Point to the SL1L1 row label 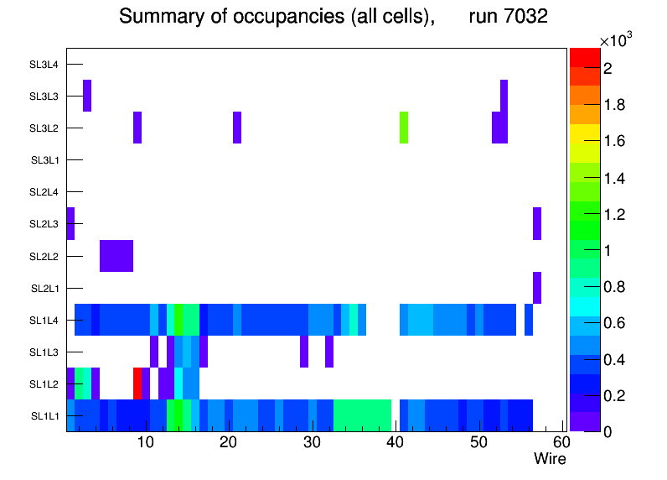pyautogui.click(x=45, y=415)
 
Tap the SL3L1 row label pyautogui.click(x=45, y=160)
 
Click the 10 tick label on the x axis pyautogui.click(x=146, y=442)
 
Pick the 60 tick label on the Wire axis pyautogui.click(x=561, y=442)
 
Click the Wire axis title pyautogui.click(x=550, y=459)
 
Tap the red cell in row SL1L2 pyautogui.click(x=137, y=383)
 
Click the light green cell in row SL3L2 pyautogui.click(x=404, y=128)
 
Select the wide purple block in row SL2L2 pyautogui.click(x=116, y=256)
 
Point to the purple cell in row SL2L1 pyautogui.click(x=537, y=288)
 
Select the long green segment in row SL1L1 pyautogui.click(x=363, y=415)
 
